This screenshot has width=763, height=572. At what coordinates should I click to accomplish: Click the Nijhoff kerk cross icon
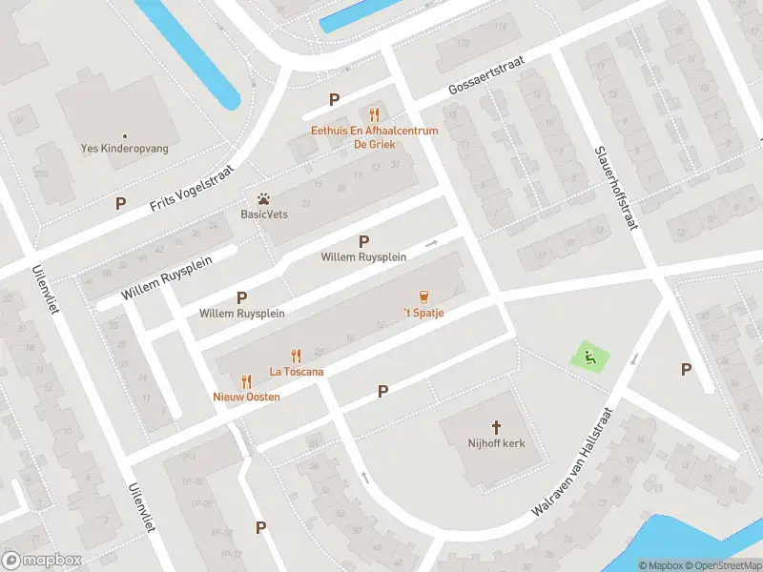tap(496, 427)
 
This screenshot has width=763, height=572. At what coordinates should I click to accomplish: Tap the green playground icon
tap(588, 358)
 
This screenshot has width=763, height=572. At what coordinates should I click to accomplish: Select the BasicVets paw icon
tap(263, 198)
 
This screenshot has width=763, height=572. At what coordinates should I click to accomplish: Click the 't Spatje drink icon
tap(423, 296)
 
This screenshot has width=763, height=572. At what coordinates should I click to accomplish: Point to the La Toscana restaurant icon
tap(296, 356)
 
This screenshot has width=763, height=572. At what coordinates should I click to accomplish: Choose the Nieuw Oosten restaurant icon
tap(246, 380)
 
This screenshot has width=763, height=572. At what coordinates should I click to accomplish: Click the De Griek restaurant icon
tap(375, 114)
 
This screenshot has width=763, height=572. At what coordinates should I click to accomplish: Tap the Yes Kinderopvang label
tap(124, 150)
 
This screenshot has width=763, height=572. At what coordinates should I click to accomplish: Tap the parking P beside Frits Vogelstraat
tap(120, 203)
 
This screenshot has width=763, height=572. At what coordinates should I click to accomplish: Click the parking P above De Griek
tap(334, 99)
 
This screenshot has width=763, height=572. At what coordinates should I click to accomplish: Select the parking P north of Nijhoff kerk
tap(382, 391)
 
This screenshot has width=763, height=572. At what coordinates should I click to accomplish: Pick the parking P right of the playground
tap(685, 369)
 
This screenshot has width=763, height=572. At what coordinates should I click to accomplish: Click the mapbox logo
tap(40, 560)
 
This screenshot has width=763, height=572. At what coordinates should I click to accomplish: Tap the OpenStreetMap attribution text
tap(721, 565)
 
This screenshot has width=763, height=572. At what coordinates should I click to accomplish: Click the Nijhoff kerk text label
tap(496, 444)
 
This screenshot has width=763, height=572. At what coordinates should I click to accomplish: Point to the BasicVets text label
tap(264, 214)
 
